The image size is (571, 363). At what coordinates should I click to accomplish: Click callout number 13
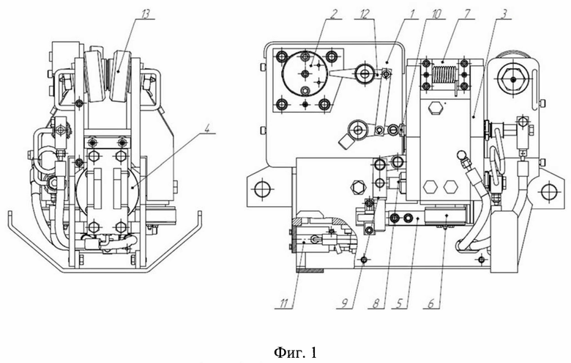pos(146,14)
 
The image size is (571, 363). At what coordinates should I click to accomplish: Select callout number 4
pos(208,129)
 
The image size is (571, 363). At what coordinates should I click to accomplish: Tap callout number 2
pos(335,14)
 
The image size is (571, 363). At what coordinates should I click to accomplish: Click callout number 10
pos(436,14)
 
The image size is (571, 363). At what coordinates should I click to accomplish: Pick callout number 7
pos(467,14)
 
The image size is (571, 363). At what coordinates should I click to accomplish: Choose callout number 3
pos(504,14)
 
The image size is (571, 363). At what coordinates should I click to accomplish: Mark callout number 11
pos(284,304)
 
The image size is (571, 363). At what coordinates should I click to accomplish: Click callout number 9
pos(345,304)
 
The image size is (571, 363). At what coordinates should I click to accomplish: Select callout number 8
pos(376,304)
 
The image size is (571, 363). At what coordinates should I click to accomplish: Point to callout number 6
pos(431,304)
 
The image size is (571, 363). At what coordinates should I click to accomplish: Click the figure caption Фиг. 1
pos(295,353)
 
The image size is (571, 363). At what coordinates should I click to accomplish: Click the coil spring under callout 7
pos(444,74)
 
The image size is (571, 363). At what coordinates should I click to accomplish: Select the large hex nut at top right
pos(512,79)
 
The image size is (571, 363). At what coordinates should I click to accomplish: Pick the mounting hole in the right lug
pos(549,191)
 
